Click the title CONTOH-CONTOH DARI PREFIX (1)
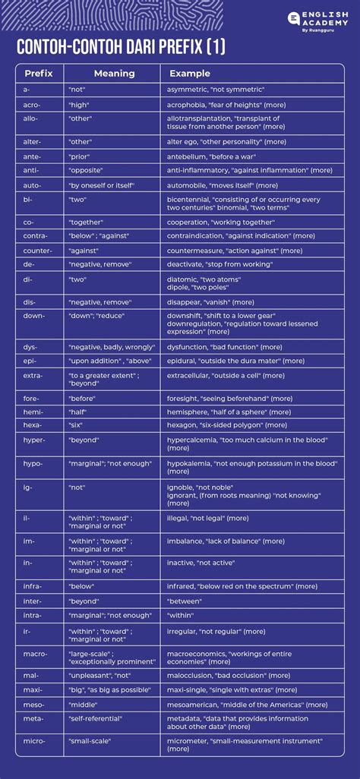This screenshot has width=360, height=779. (x=121, y=49)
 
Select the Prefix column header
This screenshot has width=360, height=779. (x=38, y=74)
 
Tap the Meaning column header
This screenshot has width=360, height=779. (x=114, y=74)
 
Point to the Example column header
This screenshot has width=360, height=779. (x=190, y=74)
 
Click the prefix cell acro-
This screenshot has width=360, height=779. (x=31, y=104)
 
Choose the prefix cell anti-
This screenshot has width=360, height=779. (x=31, y=170)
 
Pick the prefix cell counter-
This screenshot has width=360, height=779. (x=37, y=250)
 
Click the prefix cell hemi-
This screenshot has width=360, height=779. (x=33, y=412)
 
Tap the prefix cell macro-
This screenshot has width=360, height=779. (x=35, y=653)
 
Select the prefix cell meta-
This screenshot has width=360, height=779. (x=33, y=717)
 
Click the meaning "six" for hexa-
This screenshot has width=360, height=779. (x=75, y=425)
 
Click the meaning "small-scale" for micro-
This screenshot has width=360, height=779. (x=89, y=740)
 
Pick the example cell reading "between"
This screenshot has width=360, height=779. (x=184, y=600)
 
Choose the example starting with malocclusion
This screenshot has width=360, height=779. (x=229, y=675)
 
